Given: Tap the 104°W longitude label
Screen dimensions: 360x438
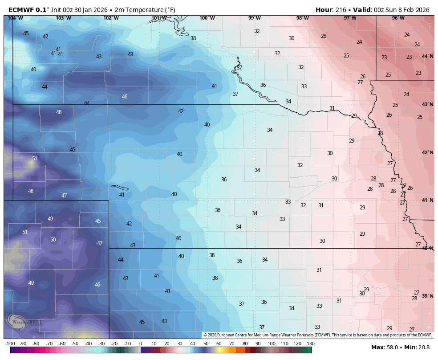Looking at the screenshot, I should [x=15, y=18].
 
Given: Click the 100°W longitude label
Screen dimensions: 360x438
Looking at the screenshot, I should [x=207, y=18].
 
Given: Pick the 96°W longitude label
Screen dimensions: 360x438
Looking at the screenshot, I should [x=398, y=18].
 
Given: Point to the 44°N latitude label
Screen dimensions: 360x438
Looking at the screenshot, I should [x=427, y=56].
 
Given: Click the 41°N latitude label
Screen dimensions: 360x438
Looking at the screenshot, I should [x=427, y=200].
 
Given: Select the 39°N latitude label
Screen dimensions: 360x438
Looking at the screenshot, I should [x=427, y=296].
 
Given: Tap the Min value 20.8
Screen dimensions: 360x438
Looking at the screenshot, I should [x=423, y=347].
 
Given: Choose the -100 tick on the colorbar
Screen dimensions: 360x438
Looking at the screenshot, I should [x=10, y=344].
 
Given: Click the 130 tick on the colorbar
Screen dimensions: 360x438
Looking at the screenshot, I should [x=310, y=344].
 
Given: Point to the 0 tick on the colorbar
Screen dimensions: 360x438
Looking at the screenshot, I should [x=141, y=344].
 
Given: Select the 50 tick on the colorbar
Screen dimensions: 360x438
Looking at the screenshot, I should [x=206, y=344].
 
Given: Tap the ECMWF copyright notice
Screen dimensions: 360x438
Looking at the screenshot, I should [x=318, y=335].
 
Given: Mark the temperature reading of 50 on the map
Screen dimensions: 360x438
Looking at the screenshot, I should [x=53, y=240].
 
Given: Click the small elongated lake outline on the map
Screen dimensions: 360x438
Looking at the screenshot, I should [x=120, y=188].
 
